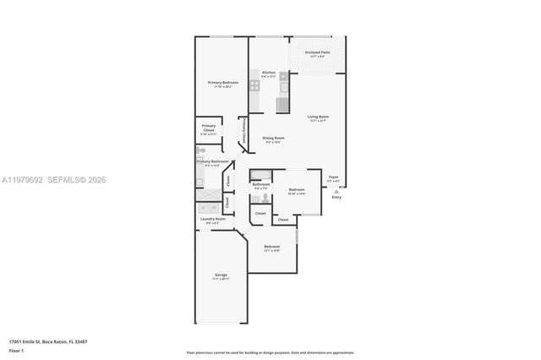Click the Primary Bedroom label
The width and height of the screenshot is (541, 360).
223,83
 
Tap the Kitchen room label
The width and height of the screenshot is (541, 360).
269,74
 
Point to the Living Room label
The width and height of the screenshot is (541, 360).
318,117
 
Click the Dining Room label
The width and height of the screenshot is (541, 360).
273,139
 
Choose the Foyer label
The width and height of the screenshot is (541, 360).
333,177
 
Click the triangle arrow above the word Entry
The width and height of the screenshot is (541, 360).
336,192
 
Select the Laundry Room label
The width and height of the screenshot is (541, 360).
212,220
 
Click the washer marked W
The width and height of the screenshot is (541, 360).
214,207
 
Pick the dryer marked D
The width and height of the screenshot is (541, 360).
203,207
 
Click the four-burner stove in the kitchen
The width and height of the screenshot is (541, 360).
254,85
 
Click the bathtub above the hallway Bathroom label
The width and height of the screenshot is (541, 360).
260,174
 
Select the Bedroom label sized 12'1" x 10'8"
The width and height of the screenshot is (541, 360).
271,248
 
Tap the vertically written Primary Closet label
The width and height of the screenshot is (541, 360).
244,132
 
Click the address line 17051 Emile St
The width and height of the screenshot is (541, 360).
46,342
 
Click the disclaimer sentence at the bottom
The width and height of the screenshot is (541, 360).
270,352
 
